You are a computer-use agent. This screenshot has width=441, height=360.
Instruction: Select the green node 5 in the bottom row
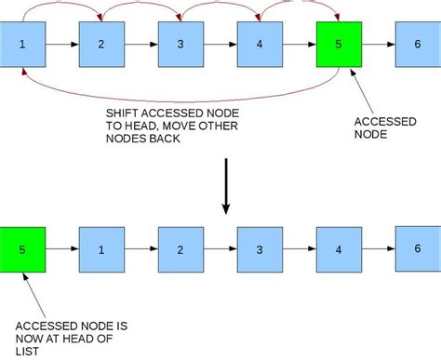coord(22,249)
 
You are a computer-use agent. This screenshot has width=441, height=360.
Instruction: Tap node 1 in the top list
coord(22,44)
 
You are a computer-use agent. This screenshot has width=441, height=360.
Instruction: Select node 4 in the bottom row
coord(338,249)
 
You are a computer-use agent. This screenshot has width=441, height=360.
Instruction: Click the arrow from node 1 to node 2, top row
coord(61,44)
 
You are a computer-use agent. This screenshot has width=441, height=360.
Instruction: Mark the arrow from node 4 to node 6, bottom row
coord(377,249)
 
